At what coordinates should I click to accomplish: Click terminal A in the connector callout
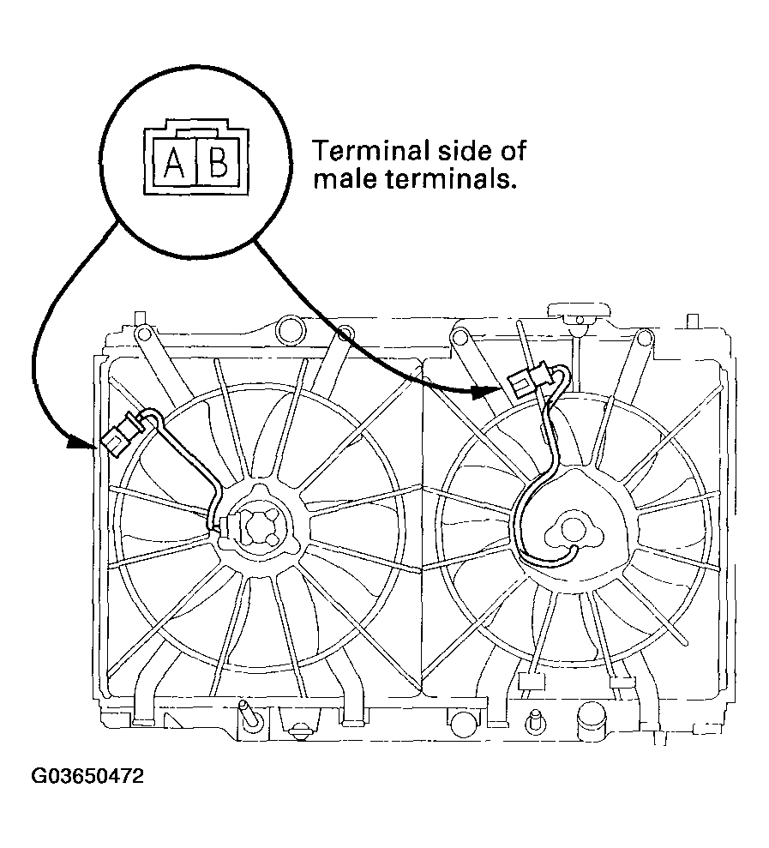[174, 162]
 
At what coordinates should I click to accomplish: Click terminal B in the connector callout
[218, 162]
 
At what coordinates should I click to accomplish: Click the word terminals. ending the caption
[448, 179]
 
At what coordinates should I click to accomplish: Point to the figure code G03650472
[87, 777]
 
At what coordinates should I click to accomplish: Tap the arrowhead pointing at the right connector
[484, 392]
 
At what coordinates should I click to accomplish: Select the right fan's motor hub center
[571, 530]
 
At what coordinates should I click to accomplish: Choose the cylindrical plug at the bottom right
[591, 720]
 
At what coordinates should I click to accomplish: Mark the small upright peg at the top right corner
[693, 321]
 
